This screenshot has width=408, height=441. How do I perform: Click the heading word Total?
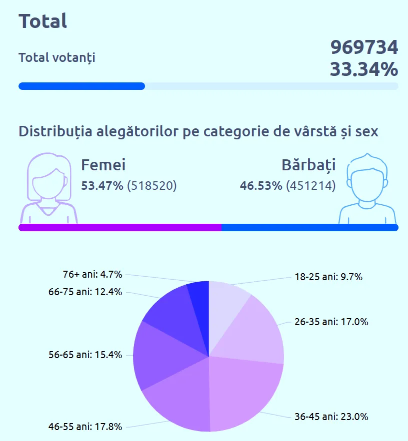[43, 21]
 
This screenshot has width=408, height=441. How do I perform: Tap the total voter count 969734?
[364, 47]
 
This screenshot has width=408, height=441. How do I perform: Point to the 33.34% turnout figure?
[364, 69]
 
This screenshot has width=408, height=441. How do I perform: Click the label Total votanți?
[56, 57]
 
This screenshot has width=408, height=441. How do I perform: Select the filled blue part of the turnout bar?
[81, 86]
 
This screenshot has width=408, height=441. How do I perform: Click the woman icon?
[48, 189]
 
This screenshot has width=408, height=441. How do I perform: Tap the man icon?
[367, 189]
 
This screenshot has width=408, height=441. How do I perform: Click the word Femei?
[103, 165]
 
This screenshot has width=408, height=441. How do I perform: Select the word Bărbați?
[308, 165]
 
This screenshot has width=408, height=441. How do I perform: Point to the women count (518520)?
[152, 186]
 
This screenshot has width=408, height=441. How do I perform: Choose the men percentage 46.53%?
[261, 186]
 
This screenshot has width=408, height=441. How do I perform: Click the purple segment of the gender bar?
[120, 228]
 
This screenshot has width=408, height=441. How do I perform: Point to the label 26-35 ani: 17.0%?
[331, 322]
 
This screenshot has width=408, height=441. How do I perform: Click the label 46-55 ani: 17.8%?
[85, 427]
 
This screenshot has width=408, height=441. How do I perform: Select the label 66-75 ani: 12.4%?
[85, 292]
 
